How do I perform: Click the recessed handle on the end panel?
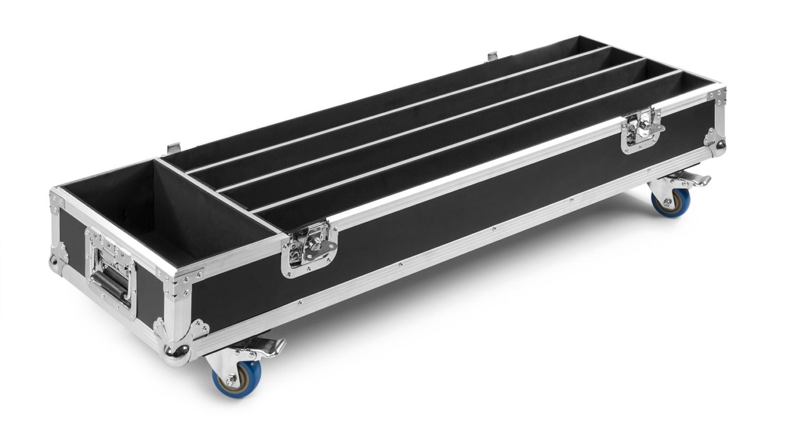pos(112,280)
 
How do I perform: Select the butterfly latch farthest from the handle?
pos(642,130)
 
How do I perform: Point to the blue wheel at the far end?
pos(671,201)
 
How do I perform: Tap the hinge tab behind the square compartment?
pos(174,150)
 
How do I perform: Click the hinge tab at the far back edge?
pos(492,57)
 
